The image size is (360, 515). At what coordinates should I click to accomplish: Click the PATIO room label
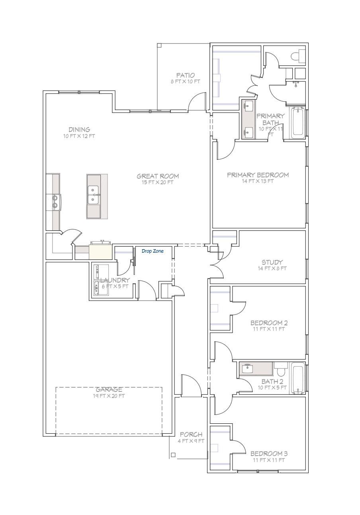point(186,75)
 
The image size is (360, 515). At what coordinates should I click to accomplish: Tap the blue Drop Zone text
point(153,251)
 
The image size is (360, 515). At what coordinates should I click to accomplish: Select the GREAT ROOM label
point(158,176)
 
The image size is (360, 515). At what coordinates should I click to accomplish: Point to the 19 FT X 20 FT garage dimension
point(109,396)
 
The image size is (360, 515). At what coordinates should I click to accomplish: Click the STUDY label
point(272,262)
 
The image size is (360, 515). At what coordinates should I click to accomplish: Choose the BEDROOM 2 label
point(269,323)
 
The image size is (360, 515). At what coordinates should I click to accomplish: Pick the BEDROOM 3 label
point(269,454)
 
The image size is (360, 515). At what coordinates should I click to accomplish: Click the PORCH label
point(191,434)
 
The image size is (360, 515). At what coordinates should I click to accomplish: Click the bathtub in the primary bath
point(298,123)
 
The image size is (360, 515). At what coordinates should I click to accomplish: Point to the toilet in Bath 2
point(280,369)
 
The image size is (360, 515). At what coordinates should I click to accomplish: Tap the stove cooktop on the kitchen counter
point(54,202)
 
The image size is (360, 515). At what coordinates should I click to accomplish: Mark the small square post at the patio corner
point(159,45)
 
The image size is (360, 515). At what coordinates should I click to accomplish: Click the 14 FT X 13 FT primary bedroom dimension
point(258,181)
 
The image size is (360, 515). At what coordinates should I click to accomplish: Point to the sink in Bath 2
point(247,368)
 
